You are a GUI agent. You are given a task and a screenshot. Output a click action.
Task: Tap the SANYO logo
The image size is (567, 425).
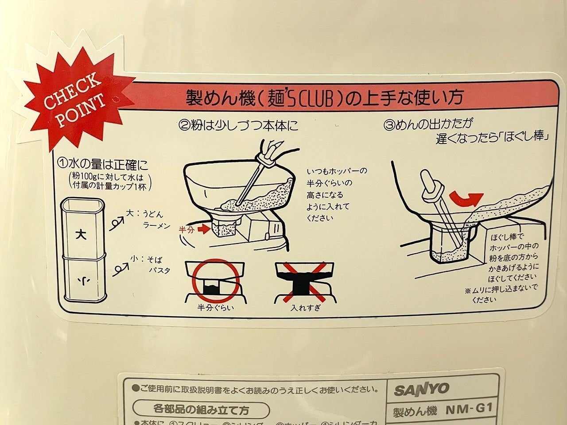(421, 390)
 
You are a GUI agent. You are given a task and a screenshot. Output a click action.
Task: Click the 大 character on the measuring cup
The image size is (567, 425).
(82, 234)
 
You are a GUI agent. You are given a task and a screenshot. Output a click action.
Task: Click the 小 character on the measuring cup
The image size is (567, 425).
(82, 280)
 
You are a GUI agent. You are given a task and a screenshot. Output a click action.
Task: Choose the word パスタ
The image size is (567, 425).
(159, 270)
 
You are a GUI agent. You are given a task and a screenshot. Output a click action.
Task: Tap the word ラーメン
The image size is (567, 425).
(156, 226)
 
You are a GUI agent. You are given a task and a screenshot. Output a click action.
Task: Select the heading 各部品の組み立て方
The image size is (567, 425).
(201, 410)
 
